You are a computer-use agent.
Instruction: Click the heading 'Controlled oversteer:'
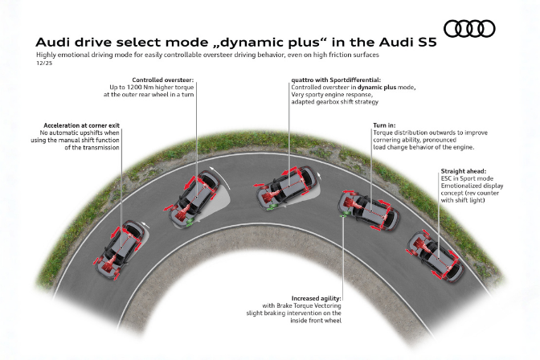[x=165, y=80]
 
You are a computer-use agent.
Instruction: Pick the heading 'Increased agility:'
[x=316, y=299]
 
